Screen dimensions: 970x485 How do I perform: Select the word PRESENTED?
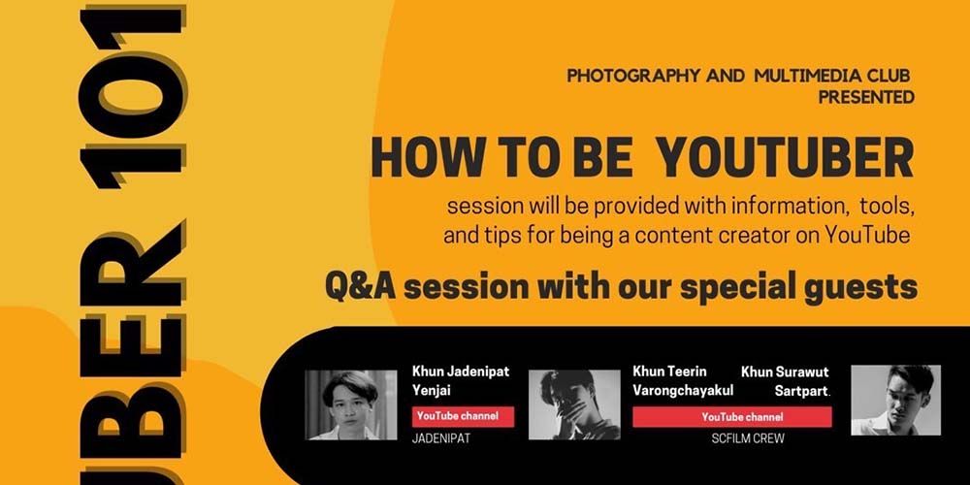(866, 97)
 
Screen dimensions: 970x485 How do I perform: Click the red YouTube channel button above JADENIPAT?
(464, 416)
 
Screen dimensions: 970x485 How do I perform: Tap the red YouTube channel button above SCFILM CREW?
(731, 417)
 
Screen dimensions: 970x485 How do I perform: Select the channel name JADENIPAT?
(439, 439)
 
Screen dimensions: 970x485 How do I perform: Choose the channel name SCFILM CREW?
(748, 439)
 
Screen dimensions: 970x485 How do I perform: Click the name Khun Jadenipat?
(461, 372)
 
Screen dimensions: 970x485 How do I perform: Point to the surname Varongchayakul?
(683, 391)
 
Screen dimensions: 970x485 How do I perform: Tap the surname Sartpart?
(802, 391)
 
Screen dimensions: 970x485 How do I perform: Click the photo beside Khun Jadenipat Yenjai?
(351, 404)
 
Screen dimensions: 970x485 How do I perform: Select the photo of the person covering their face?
(574, 404)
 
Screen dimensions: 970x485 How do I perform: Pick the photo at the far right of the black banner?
(895, 400)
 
